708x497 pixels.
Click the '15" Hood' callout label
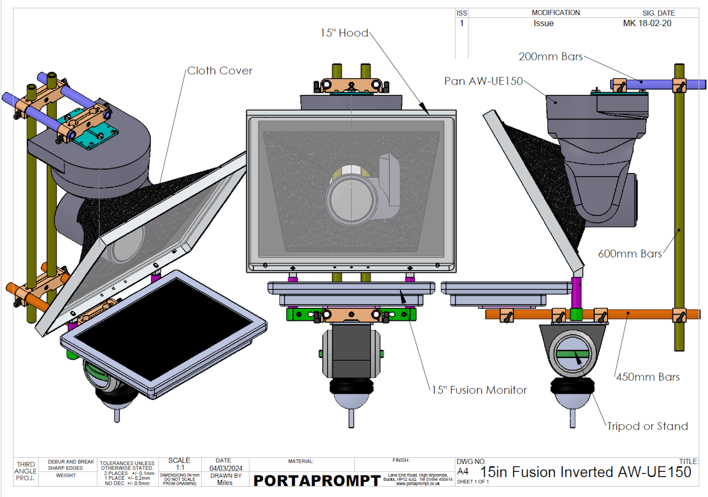(344, 33)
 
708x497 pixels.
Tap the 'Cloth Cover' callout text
(220, 71)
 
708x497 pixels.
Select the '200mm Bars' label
(551, 57)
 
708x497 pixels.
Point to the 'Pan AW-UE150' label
(483, 81)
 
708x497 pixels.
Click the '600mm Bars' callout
(630, 254)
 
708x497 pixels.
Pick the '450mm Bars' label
(648, 377)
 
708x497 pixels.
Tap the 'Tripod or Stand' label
(647, 426)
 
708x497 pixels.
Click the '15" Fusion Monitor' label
(479, 390)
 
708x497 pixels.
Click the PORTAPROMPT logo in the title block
(317, 480)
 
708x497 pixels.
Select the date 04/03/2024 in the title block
(226, 468)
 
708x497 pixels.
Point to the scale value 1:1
(180, 467)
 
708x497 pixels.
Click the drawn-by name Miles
(225, 482)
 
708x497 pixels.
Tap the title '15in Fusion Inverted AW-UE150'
(586, 472)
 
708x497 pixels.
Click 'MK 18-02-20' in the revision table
(647, 23)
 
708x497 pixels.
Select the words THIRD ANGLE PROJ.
(26, 471)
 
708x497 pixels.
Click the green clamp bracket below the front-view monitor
(351, 315)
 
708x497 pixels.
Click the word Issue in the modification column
(543, 23)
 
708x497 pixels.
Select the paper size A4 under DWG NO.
(463, 472)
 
